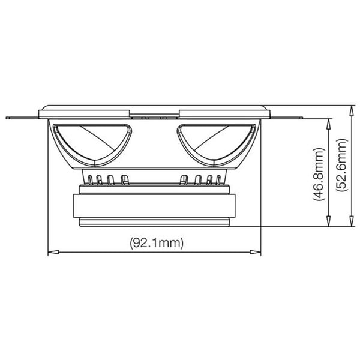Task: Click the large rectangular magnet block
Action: (x=155, y=203)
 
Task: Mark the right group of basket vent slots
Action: (x=201, y=179)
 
